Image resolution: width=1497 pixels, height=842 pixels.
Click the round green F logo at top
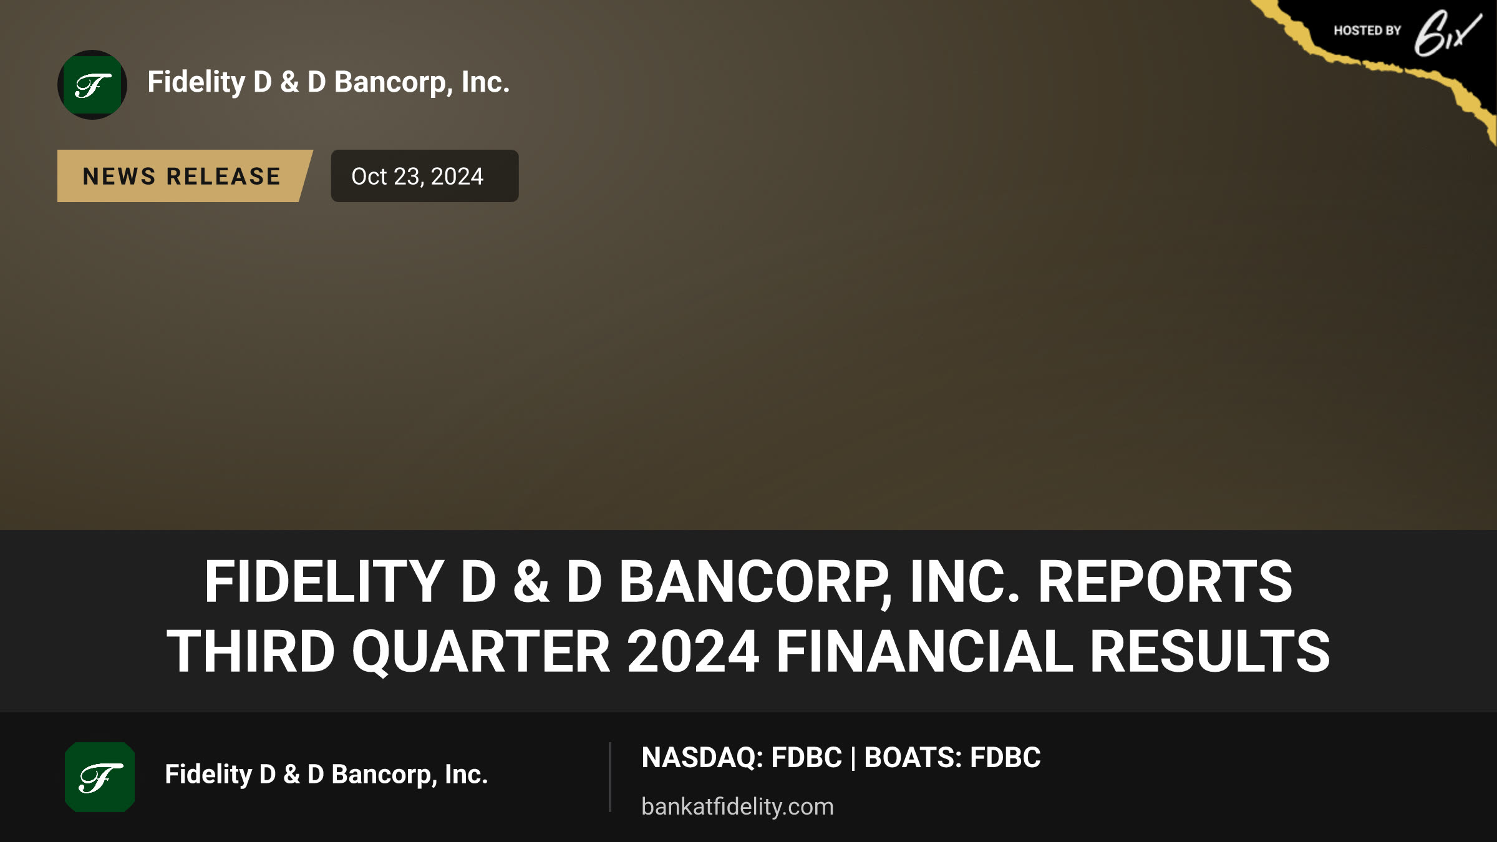(x=92, y=85)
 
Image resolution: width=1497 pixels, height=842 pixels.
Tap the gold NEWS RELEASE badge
(x=185, y=176)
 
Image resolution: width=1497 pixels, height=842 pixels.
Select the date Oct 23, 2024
(x=417, y=177)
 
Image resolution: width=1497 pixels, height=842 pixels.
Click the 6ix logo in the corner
(x=1447, y=32)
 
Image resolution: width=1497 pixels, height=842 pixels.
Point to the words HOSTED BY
(x=1367, y=31)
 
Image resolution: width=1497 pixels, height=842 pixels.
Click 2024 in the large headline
(x=693, y=652)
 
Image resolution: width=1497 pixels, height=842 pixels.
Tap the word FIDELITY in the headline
(x=324, y=582)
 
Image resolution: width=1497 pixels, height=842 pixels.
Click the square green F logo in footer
(x=100, y=777)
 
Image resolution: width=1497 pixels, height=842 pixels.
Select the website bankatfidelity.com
(x=737, y=806)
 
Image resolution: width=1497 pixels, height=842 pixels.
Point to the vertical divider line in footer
(x=609, y=777)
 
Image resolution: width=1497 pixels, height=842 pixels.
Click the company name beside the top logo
(x=329, y=82)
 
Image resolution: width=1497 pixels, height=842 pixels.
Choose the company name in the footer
(x=326, y=775)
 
